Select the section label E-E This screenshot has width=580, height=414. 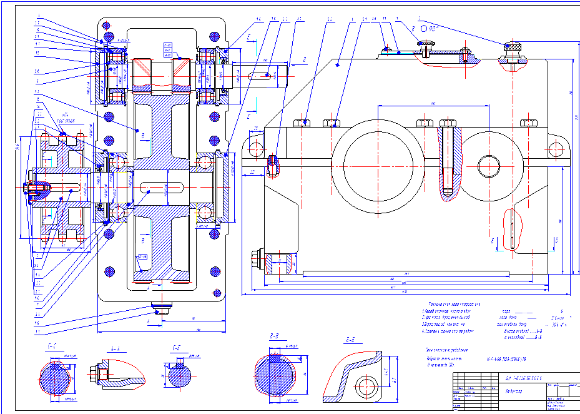tap(177, 346)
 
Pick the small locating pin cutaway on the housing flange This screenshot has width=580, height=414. tap(273, 164)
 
